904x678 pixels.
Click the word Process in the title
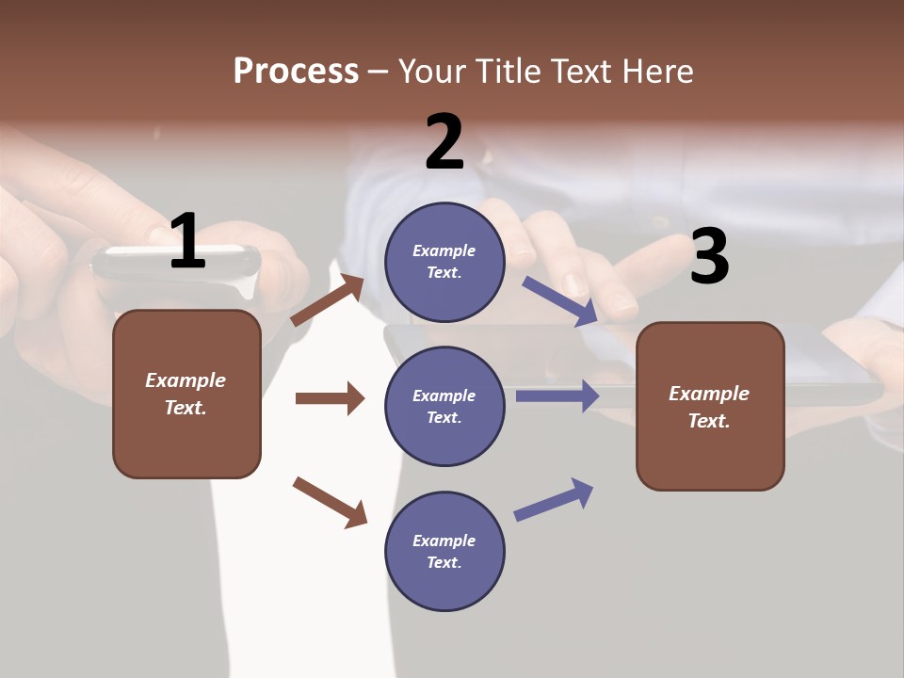(x=296, y=72)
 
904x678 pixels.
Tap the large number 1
(x=186, y=242)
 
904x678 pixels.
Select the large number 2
(x=444, y=143)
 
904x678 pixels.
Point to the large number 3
(x=709, y=257)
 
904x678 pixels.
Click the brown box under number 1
(x=186, y=394)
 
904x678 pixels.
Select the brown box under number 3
(x=710, y=406)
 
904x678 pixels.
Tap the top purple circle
(x=444, y=262)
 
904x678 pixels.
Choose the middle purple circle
(x=444, y=406)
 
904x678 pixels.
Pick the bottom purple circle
(x=444, y=551)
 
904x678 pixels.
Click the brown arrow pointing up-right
(x=328, y=300)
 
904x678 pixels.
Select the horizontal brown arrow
(x=330, y=398)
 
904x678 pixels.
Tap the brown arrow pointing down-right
(x=330, y=501)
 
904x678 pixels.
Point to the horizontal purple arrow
(x=557, y=395)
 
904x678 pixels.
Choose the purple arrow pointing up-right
(x=554, y=500)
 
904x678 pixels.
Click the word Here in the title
(x=655, y=72)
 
